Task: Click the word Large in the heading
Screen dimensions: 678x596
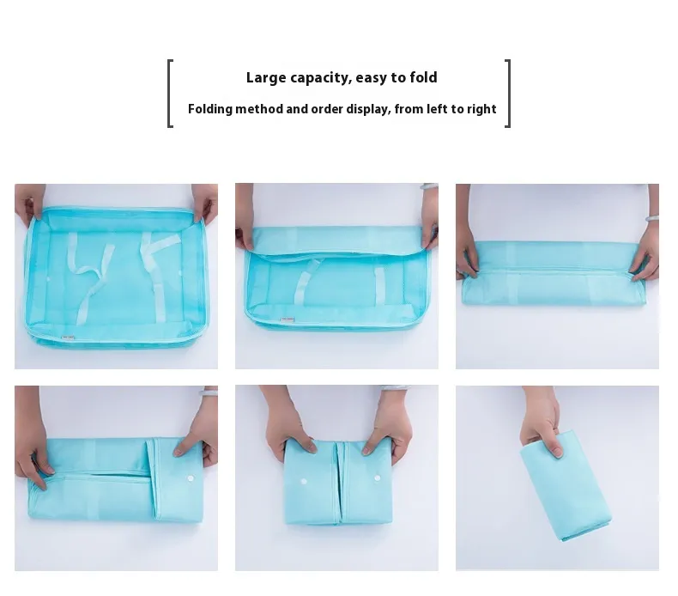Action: [x=266, y=77]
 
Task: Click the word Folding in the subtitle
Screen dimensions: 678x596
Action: [x=210, y=109]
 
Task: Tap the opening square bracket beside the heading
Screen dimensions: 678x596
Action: [x=171, y=94]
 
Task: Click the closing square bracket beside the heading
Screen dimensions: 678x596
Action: [x=507, y=94]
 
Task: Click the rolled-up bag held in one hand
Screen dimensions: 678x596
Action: [x=566, y=485]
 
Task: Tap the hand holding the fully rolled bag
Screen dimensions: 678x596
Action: [x=542, y=421]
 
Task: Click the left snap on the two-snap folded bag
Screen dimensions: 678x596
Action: [x=304, y=481]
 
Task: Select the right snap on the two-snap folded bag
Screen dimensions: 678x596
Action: [x=377, y=478]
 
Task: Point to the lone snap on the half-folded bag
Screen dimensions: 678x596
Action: [x=191, y=478]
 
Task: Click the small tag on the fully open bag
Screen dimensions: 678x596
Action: [x=68, y=338]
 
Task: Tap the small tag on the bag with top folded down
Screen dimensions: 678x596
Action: [x=288, y=319]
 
